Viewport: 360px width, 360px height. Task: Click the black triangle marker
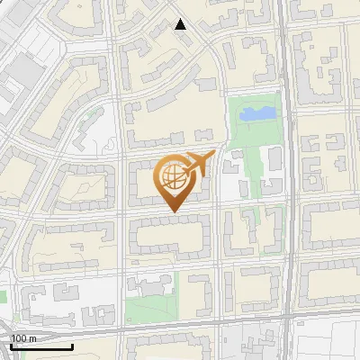tap(181, 24)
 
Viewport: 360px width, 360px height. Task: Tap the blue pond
tap(258, 112)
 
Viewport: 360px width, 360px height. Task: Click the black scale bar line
tap(41, 346)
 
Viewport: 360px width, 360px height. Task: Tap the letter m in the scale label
tap(31, 338)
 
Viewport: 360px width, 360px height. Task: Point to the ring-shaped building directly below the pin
tap(171, 236)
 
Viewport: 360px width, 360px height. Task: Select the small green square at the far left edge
tap(3, 295)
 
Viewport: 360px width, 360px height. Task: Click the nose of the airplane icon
tap(212, 156)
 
